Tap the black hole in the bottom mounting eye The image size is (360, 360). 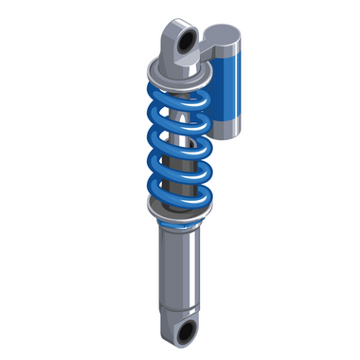point(187,331)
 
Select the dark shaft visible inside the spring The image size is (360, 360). point(180,142)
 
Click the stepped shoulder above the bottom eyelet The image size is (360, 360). point(177,309)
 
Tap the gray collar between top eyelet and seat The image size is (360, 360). point(180,64)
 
